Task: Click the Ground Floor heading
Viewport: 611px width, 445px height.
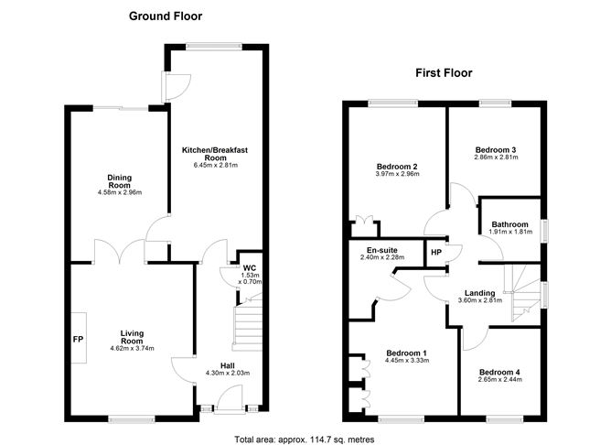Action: click(x=166, y=16)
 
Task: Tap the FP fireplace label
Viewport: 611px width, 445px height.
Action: click(x=77, y=337)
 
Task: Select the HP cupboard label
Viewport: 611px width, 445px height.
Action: click(x=435, y=253)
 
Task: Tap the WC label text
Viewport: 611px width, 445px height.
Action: click(x=250, y=268)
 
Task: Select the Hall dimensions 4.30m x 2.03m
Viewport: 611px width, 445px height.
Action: click(x=225, y=373)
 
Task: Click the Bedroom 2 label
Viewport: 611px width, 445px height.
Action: click(x=396, y=168)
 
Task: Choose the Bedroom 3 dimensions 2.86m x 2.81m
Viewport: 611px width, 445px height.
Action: click(x=496, y=157)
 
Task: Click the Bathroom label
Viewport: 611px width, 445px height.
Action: click(x=509, y=224)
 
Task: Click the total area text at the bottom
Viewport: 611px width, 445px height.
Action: click(x=305, y=440)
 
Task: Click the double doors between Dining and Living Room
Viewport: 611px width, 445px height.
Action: click(x=116, y=249)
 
